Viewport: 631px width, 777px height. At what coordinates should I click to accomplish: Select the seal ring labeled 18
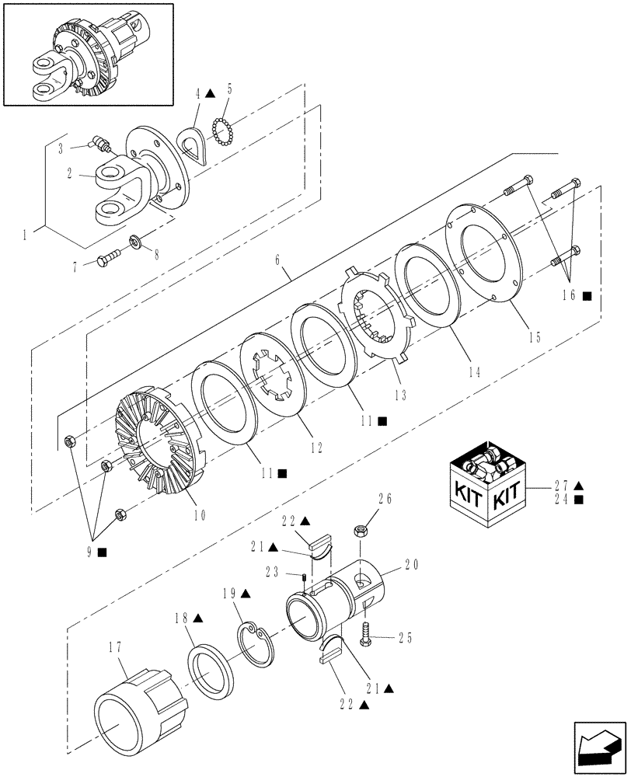click(210, 668)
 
